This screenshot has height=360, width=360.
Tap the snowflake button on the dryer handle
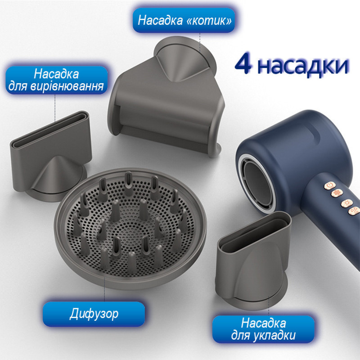[x=337, y=193]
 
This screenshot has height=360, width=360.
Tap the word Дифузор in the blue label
[x=94, y=314]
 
